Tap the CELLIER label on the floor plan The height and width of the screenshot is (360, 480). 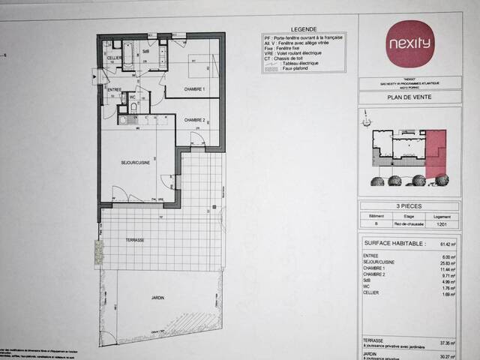(x=114, y=58)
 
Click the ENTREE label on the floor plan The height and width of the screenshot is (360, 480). (x=115, y=90)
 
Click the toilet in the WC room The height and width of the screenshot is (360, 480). (x=132, y=107)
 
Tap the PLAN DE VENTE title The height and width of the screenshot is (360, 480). (x=409, y=97)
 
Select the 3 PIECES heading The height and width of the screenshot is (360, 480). (x=409, y=205)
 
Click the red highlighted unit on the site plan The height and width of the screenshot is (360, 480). (x=436, y=152)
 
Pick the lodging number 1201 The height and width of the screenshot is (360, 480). (x=443, y=223)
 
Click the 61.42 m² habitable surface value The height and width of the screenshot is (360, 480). (x=448, y=244)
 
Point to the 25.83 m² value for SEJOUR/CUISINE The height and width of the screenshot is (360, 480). (x=448, y=262)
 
